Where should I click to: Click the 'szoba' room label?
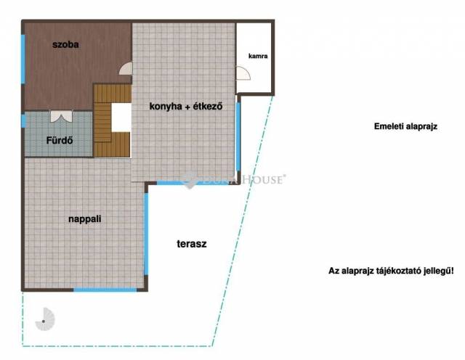[x=65, y=45]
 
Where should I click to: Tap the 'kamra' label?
[x=258, y=56]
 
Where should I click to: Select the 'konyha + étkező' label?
[x=186, y=107]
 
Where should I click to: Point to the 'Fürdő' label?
[x=60, y=140]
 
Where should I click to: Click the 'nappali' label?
[x=85, y=219]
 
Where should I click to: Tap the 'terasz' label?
[x=192, y=244]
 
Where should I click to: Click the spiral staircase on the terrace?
[x=45, y=319]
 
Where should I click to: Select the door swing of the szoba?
[x=126, y=68]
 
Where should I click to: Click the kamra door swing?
[x=243, y=73]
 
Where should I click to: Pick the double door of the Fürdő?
[x=61, y=116]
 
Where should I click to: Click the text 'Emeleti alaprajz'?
[x=405, y=126]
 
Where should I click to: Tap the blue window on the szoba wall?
[x=23, y=60]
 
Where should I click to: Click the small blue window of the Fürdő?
[x=23, y=121]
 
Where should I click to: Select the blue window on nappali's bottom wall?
[x=105, y=290]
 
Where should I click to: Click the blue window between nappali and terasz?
[x=146, y=234]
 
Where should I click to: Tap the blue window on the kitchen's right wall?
[x=238, y=136]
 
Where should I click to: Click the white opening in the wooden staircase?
[x=121, y=118]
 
